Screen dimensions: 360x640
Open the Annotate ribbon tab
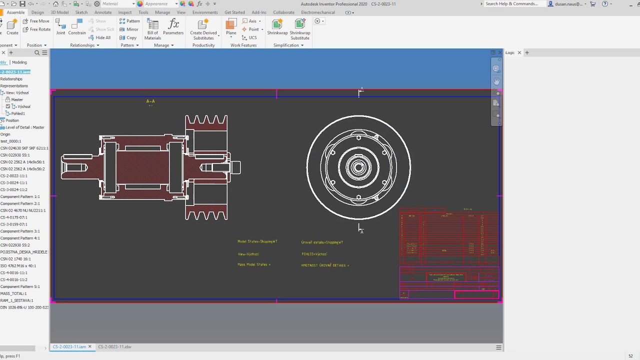(103, 12)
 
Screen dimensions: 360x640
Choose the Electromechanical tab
(318, 12)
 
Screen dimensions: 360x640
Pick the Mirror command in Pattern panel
(129, 29)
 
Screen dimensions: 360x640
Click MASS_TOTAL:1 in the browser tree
(13, 293)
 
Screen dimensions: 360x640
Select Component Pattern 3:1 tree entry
(20, 231)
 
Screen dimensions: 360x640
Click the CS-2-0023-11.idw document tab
(114, 346)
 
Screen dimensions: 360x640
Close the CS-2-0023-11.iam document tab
(90, 346)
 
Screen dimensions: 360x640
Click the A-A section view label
(150, 101)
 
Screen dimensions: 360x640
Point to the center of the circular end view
(358, 167)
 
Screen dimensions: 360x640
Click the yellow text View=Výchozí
(248, 254)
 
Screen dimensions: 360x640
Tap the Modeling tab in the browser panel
(19, 62)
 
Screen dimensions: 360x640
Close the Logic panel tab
(519, 52)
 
